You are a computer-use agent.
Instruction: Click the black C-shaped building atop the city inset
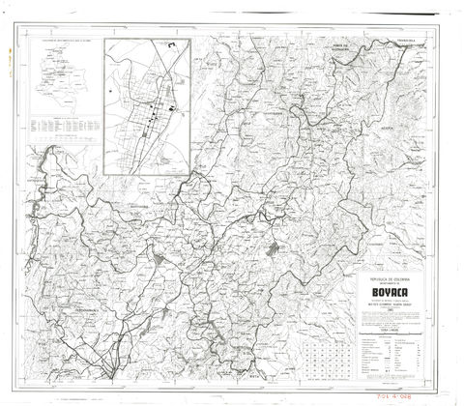(x=171, y=43)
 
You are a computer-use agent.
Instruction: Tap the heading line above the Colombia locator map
(x=60, y=42)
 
